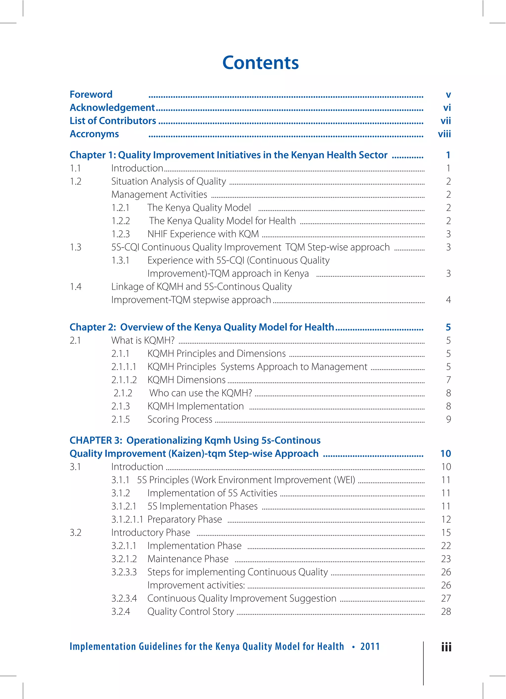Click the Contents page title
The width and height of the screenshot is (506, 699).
click(260, 63)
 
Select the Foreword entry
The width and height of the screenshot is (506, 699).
click(91, 94)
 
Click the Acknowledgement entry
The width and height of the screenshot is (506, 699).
click(112, 108)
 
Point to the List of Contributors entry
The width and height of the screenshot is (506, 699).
click(113, 121)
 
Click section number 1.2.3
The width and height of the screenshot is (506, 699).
click(121, 234)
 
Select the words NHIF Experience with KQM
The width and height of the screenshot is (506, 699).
click(203, 234)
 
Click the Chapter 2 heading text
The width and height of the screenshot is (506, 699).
click(202, 327)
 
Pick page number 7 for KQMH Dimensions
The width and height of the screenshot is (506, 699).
click(448, 380)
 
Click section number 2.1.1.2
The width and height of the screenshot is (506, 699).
click(124, 380)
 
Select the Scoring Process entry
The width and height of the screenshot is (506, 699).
click(180, 419)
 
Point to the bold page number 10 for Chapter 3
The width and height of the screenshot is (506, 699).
click(446, 454)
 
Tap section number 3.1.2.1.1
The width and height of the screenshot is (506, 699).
click(127, 520)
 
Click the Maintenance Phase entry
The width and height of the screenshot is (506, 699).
click(188, 559)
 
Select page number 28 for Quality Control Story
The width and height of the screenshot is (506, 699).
click(446, 612)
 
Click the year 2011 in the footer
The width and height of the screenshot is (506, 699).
click(370, 646)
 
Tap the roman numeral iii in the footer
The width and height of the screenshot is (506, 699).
click(446, 647)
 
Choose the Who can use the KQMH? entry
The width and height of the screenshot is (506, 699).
click(201, 393)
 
